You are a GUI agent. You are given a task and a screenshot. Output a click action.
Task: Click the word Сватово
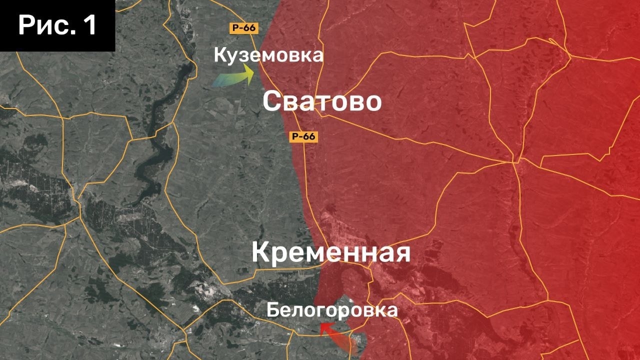coord(322,101)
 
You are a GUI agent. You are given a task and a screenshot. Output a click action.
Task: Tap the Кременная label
coord(330,252)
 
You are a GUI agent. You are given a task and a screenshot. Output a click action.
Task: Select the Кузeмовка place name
coord(268,55)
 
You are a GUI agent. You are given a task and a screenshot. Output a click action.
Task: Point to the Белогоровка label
coord(332,310)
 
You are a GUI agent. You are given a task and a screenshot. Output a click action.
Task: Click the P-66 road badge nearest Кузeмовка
coord(243,28)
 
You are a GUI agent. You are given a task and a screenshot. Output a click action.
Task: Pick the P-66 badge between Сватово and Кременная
coord(304,136)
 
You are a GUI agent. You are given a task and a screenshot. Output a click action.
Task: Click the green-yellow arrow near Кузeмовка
coord(233,78)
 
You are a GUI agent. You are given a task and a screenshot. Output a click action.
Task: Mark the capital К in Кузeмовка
coord(219,55)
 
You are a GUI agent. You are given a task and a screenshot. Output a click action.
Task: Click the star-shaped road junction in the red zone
coord(515,161)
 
